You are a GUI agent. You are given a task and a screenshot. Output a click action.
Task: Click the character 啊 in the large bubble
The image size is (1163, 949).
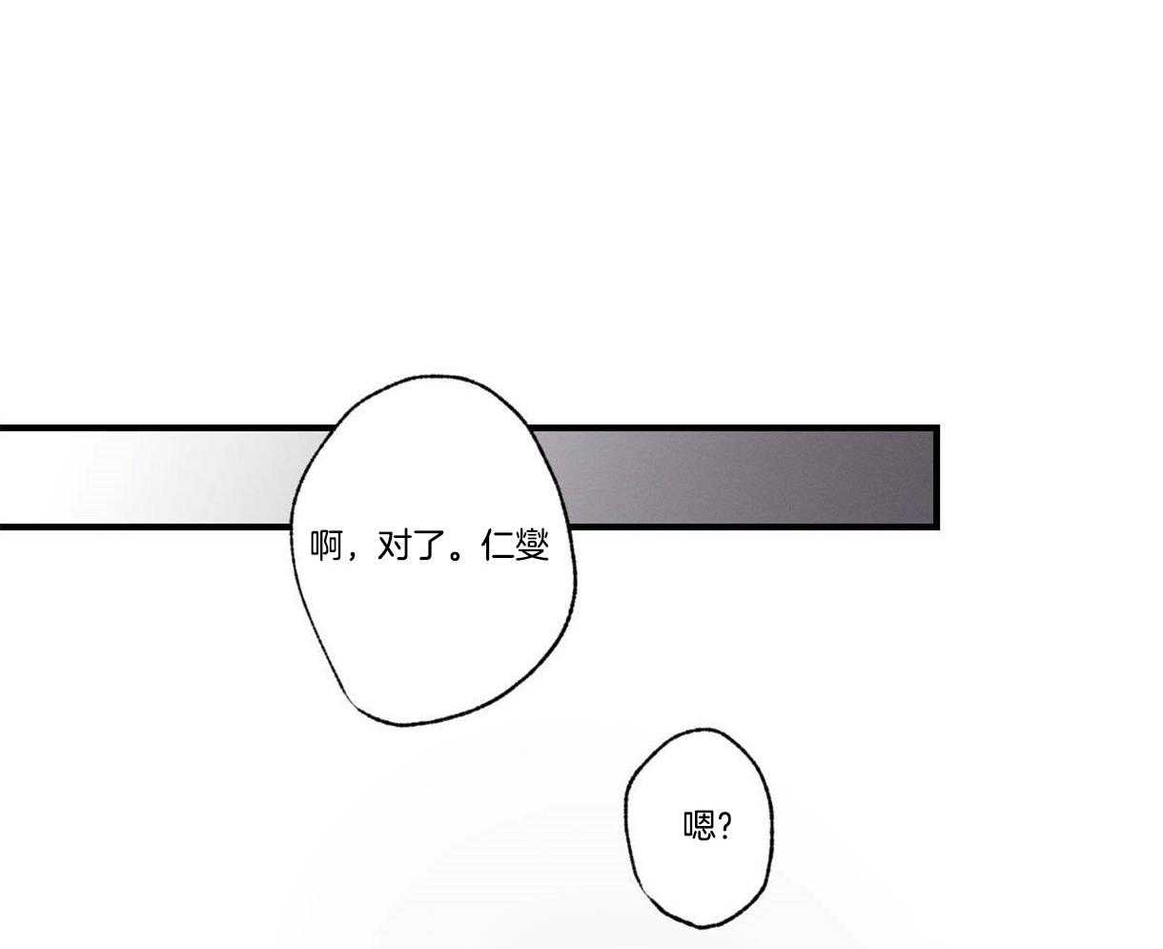pyautogui.click(x=326, y=546)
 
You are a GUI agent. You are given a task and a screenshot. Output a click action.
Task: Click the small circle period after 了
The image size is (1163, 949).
pyautogui.click(x=456, y=554)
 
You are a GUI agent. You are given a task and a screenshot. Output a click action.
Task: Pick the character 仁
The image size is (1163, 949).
pyautogui.click(x=498, y=546)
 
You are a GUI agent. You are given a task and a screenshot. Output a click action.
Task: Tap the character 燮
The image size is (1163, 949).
pyautogui.click(x=532, y=546)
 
